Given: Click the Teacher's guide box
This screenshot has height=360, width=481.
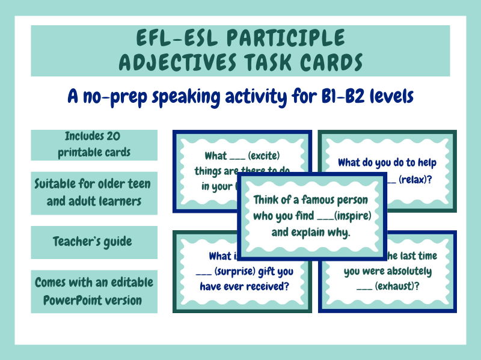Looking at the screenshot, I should click(x=94, y=242).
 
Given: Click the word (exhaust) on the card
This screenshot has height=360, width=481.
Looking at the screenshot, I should click(x=396, y=287).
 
